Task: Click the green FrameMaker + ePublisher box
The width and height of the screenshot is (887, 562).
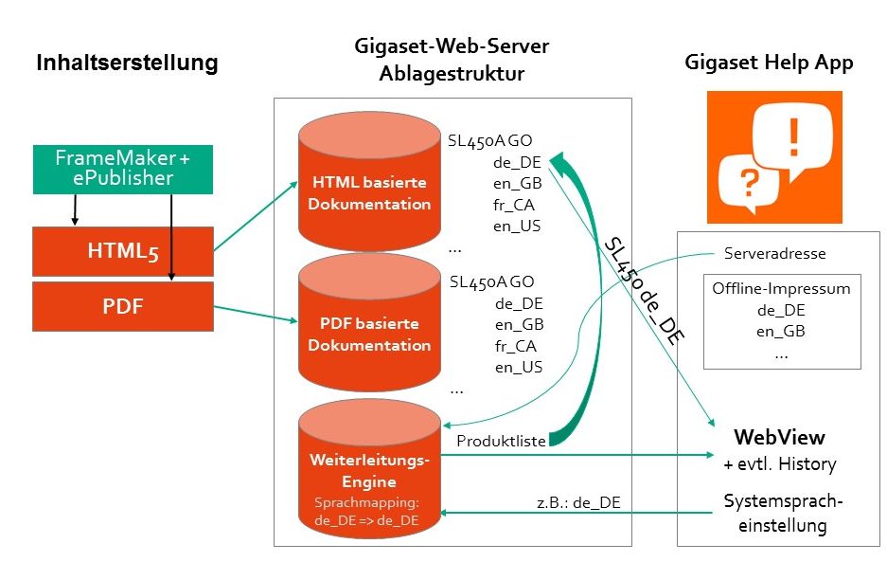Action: click(122, 168)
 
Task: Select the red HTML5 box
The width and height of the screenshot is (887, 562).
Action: click(122, 250)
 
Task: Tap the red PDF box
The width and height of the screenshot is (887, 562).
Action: click(122, 307)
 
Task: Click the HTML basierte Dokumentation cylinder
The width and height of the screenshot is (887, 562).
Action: click(370, 192)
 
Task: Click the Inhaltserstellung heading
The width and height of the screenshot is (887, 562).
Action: click(127, 63)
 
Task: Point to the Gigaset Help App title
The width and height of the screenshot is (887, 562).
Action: click(769, 63)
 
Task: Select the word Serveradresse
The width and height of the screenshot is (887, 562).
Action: click(774, 254)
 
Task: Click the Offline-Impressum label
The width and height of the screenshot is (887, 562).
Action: click(782, 289)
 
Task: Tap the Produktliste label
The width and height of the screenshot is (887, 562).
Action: click(501, 442)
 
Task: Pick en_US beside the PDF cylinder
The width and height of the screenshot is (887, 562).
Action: click(518, 367)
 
